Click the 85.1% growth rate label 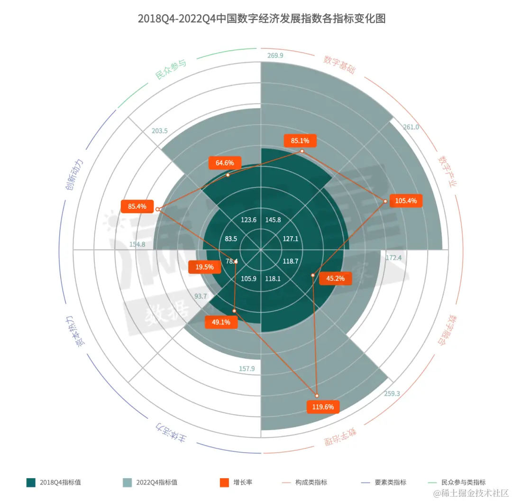click(x=300, y=140)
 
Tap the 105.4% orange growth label click(x=406, y=201)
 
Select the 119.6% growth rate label click(x=323, y=407)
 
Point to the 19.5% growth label click(x=204, y=267)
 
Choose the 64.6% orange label click(x=225, y=163)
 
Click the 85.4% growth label click(x=137, y=206)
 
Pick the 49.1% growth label click(x=221, y=322)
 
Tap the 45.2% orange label click(x=336, y=278)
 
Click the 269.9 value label click(x=275, y=56)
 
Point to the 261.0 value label click(x=411, y=127)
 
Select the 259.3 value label click(x=391, y=393)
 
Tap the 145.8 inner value click(x=273, y=220)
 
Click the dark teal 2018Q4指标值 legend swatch click(x=31, y=482)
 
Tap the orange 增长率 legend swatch click(x=225, y=482)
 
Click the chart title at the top click(x=261, y=19)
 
